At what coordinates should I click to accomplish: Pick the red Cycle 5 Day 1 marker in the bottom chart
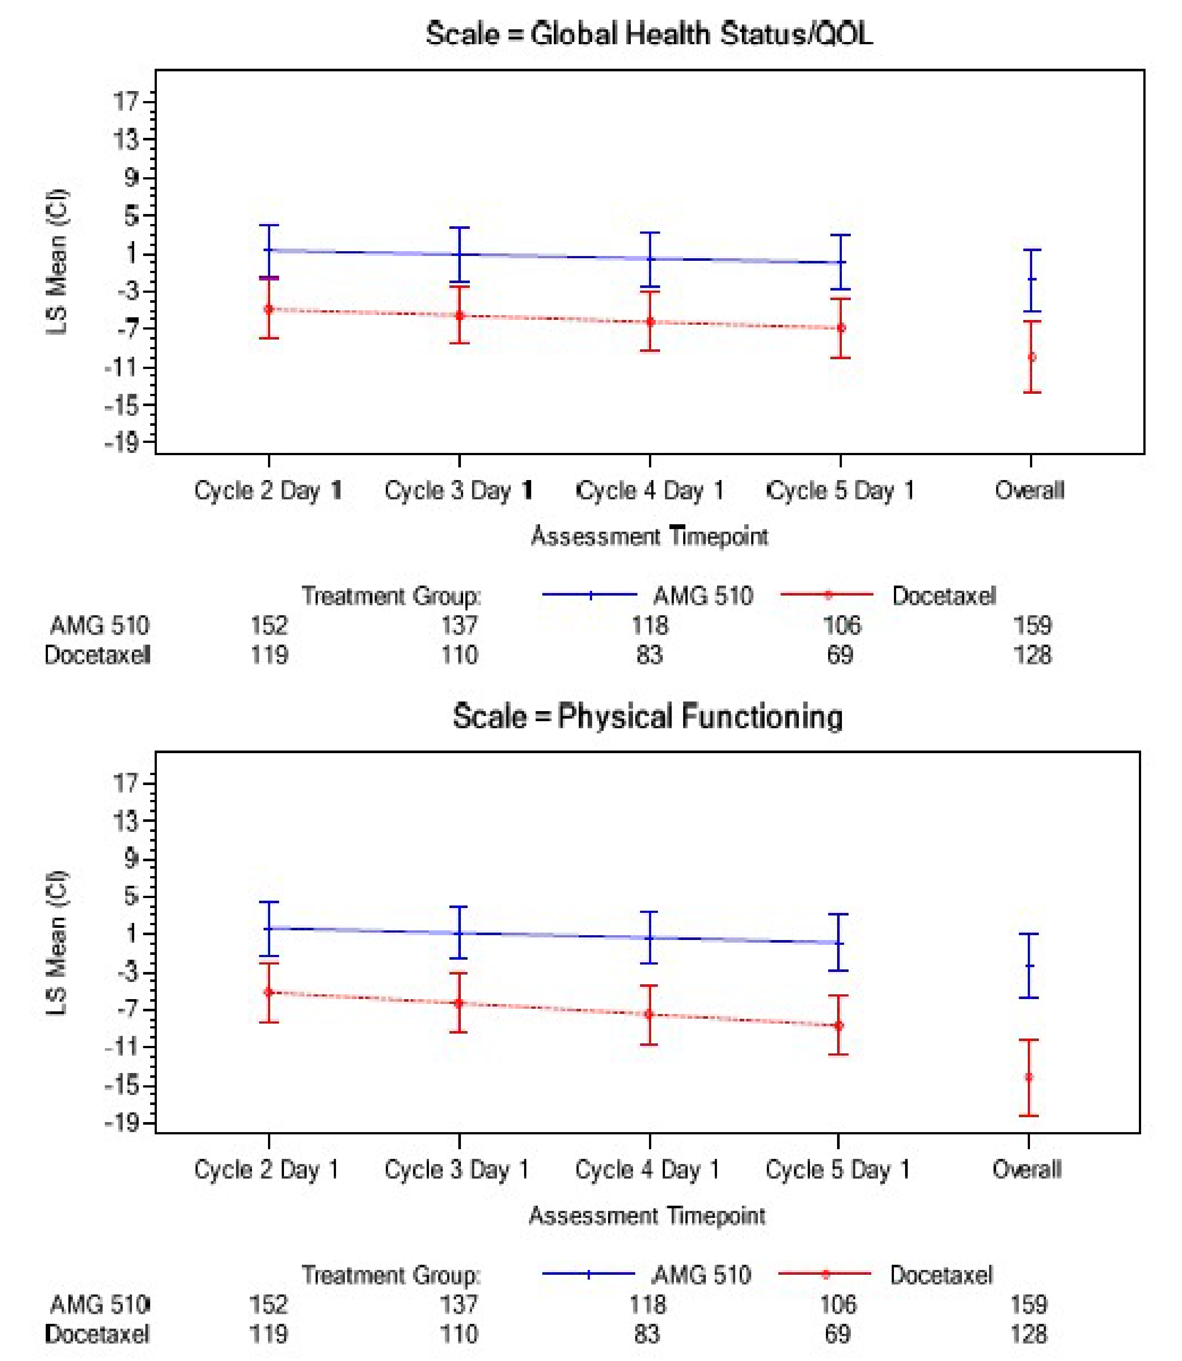click(x=838, y=1025)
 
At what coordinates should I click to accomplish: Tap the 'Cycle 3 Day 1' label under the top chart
click(x=458, y=490)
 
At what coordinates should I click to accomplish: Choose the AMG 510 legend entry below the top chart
click(x=703, y=596)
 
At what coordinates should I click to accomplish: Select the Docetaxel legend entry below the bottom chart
click(x=941, y=1275)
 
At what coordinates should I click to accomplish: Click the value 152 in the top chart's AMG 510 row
click(x=269, y=625)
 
